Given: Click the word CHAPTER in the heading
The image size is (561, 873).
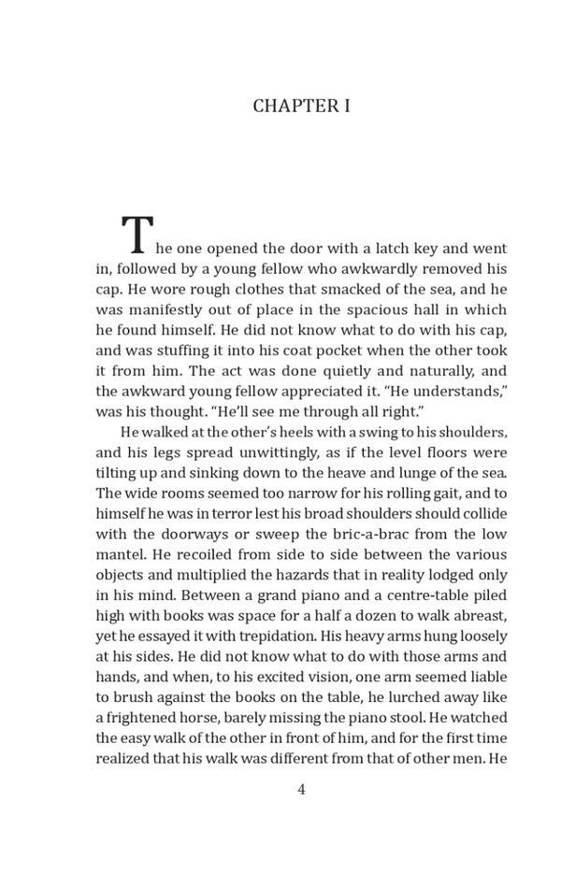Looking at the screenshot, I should tap(284, 106).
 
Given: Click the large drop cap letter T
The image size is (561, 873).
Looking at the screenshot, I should tap(137, 236).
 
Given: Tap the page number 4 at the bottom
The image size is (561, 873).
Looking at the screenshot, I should tap(301, 789).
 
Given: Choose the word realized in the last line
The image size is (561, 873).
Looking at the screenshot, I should tap(122, 759).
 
